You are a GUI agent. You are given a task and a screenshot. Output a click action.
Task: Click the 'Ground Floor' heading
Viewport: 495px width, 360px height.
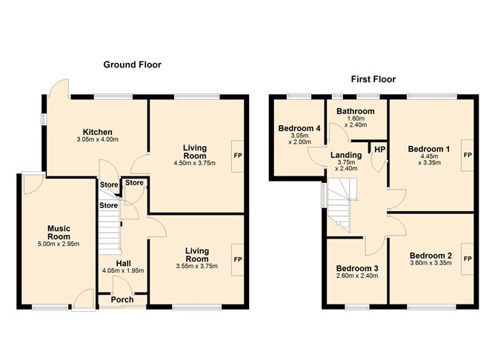133,64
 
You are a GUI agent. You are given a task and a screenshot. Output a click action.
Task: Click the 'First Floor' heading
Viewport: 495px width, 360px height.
373,79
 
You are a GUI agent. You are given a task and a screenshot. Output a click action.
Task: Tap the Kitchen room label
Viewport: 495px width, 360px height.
98,132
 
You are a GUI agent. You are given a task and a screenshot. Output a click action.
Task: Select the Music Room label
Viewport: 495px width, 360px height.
59,233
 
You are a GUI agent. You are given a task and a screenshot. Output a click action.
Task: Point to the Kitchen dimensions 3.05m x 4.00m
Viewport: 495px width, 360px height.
98,139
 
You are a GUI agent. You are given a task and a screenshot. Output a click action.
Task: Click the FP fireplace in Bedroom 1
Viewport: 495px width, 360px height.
468,156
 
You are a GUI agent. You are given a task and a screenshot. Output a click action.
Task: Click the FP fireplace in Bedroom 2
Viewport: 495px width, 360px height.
468,259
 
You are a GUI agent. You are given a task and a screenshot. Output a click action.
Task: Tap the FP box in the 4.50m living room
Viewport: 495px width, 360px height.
238,156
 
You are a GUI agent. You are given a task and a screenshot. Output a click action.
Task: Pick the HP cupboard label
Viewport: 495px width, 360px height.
380,149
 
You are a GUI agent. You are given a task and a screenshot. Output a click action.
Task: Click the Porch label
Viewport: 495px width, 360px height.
122,300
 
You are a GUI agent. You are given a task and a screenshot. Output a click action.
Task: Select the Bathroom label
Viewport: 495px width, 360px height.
356,111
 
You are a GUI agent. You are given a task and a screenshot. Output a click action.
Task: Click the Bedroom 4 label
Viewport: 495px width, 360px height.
299,128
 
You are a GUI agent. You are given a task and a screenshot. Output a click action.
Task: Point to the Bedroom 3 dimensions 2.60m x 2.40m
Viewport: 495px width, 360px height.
357,276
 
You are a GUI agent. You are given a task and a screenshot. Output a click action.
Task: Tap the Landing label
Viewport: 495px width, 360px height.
346,155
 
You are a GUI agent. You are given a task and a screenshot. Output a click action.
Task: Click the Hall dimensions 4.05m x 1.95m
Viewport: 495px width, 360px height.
123,270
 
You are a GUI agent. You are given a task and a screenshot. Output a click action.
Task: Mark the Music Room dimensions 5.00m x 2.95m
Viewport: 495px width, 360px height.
59,244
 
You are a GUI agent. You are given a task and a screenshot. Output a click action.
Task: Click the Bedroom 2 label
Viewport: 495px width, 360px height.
431,256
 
